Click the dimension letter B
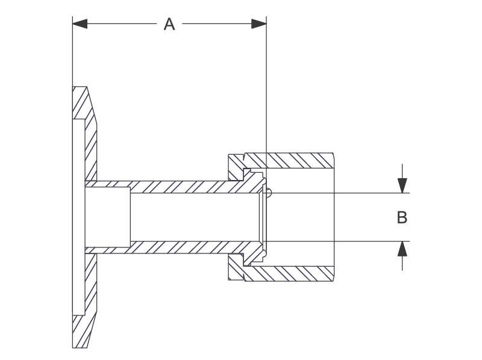pos(402,217)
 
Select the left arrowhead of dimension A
pos(80,24)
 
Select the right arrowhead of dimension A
pos(258,24)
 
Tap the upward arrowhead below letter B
pos(402,248)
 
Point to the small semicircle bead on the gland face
pos(269,193)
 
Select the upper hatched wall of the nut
pos(295,161)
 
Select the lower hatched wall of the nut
pos(295,273)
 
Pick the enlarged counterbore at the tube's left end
pos(107,217)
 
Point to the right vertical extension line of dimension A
pos(266,90)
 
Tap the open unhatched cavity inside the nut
pos(301,217)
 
